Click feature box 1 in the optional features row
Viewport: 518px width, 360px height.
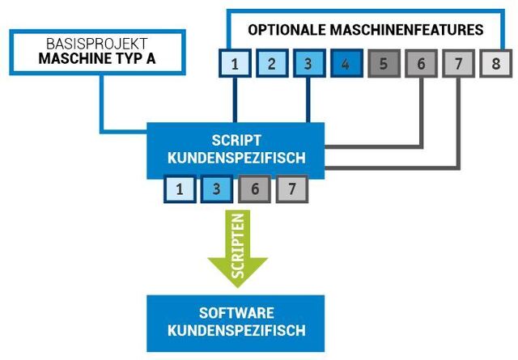235,63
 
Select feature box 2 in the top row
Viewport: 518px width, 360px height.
272,63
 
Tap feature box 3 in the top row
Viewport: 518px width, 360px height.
309,63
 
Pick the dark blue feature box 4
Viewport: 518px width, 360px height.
346,63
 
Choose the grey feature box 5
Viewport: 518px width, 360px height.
384,63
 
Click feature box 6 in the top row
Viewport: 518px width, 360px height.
421,63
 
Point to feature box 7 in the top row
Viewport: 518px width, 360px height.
459,63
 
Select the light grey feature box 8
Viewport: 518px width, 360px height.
496,63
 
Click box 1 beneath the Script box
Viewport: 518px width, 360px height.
180,189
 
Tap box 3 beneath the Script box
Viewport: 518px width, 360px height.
217,189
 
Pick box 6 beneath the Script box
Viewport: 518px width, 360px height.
255,189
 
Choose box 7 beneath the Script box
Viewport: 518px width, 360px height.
292,189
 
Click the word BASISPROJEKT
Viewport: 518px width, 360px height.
97,44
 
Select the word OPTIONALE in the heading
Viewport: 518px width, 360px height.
287,30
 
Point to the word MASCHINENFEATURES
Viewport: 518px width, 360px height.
406,30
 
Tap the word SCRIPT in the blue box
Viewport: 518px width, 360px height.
236,141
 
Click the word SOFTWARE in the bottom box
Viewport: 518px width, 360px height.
236,313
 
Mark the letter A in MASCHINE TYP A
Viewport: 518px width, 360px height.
151,58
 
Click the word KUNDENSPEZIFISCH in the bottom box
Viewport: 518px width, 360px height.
236,330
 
